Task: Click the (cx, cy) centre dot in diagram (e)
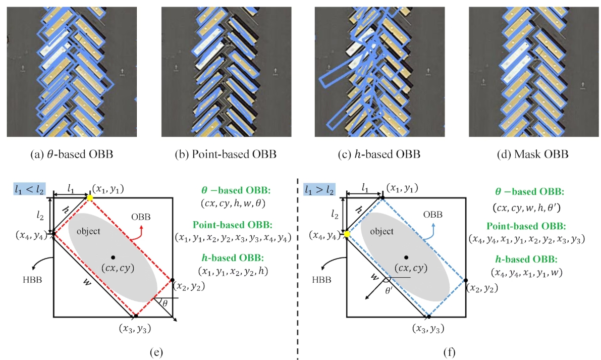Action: point(113,257)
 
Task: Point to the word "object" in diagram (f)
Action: point(381,231)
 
